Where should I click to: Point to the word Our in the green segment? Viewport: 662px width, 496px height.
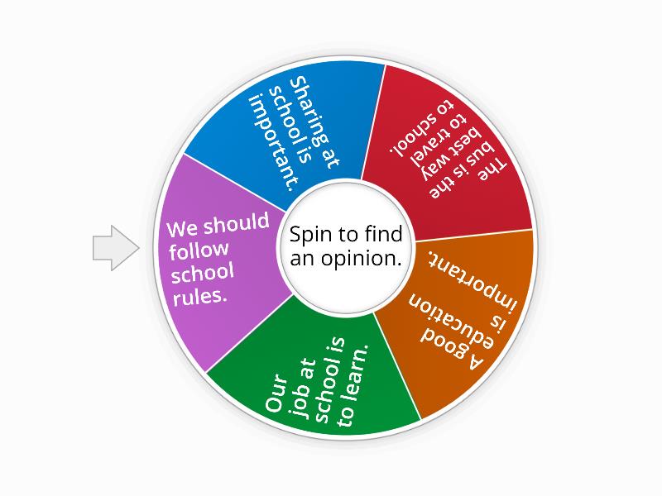(x=276, y=394)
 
